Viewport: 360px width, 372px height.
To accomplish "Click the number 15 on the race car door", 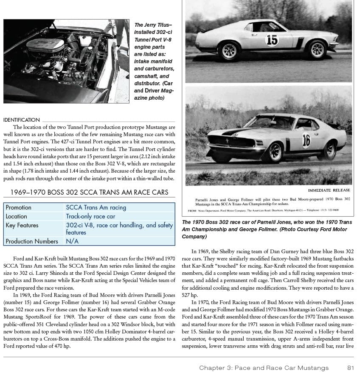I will point(272,40).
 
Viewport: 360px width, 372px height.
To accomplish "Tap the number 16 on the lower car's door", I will point(306,140).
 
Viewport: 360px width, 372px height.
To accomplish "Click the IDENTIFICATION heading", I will point(21,120).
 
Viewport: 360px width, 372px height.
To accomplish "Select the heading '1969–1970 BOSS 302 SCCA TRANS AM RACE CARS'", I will point(89,192).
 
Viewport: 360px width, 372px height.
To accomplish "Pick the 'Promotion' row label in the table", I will point(18,207).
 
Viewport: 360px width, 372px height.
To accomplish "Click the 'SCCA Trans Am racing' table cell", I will point(96,207).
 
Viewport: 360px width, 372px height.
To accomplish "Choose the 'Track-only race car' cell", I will point(90,216).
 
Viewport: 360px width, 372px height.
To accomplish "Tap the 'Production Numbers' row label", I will point(32,241).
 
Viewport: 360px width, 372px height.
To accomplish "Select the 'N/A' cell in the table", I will point(72,241).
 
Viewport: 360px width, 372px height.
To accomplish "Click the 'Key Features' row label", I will point(22,225).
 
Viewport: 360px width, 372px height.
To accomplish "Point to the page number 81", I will point(350,367).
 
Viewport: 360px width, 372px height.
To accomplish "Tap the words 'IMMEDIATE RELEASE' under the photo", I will point(329,190).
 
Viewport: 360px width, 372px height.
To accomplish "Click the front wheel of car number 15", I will point(318,50).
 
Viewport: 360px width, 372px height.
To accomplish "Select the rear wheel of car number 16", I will point(328,150).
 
